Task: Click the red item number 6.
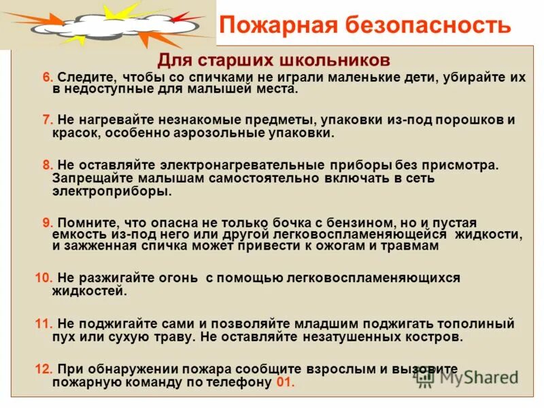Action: click(x=48, y=78)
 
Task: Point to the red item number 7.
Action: click(x=48, y=120)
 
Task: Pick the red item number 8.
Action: click(x=48, y=165)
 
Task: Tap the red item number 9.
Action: click(x=48, y=223)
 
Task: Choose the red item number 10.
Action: click(x=43, y=277)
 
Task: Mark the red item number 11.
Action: click(x=43, y=323)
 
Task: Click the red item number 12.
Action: click(x=43, y=369)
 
